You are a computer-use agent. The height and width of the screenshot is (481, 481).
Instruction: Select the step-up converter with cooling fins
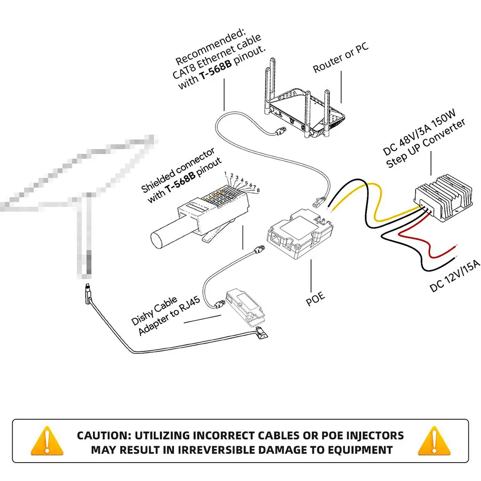tap(443, 197)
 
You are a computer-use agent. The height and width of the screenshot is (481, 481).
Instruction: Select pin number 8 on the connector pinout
tap(258, 190)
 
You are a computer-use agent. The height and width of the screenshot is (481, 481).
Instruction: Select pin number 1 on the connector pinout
tap(226, 174)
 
